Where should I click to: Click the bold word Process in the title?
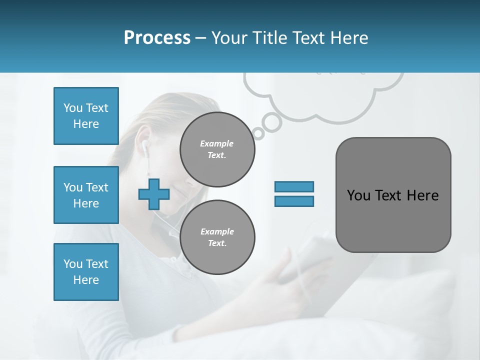[157, 37]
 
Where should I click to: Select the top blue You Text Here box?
[86, 116]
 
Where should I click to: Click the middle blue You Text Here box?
[86, 195]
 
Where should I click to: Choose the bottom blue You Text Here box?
[86, 272]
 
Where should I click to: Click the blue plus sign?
[153, 194]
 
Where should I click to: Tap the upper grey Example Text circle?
[217, 149]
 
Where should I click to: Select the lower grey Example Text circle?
[217, 237]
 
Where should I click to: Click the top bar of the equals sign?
[294, 186]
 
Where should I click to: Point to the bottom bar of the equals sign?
[294, 201]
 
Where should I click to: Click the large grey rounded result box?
[393, 195]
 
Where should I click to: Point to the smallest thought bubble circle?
[258, 133]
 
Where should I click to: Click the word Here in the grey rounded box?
[422, 195]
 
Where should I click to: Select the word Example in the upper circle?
[217, 143]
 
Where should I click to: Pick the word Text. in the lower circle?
[217, 243]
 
